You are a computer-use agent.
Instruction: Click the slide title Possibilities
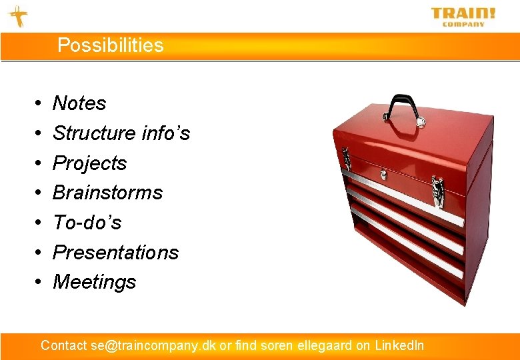pos(110,45)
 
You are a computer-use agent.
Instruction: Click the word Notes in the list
pos(79,103)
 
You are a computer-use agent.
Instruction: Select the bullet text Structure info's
pos(121,133)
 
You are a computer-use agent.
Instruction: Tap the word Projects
pos(89,163)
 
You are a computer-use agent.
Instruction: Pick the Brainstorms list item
pos(107,193)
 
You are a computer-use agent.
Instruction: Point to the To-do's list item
pos(87,222)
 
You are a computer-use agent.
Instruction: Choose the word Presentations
pos(115,252)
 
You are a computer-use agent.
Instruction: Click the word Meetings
pos(94,282)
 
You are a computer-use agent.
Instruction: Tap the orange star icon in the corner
pos(18,16)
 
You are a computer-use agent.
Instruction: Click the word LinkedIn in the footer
pos(399,345)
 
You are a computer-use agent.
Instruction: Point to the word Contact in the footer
pos(64,345)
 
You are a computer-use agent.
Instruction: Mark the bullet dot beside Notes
pos(37,104)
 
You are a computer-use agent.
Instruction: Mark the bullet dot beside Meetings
pos(37,283)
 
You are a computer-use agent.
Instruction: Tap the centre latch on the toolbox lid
pos(383,175)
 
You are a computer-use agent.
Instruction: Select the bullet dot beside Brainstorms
pos(37,193)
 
